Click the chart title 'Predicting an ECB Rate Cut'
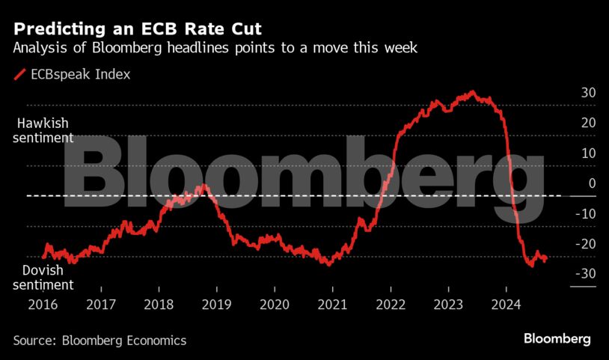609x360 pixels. (138, 30)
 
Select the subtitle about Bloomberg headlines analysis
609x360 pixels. (215, 49)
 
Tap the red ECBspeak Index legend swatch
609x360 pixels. (19, 75)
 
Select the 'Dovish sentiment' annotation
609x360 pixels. (43, 278)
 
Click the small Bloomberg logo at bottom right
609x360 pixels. (557, 339)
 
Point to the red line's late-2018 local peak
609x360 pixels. (205, 185)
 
